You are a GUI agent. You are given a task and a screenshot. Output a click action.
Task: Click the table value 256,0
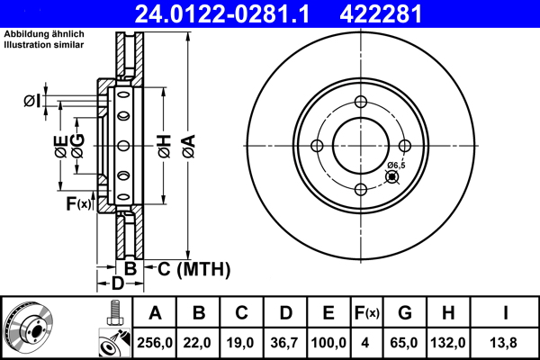coord(155,342)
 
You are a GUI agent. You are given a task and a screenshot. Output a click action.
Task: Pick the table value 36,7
coord(285,342)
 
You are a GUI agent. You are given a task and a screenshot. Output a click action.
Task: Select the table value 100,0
coord(328,342)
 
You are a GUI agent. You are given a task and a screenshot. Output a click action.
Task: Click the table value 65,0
coord(405,342)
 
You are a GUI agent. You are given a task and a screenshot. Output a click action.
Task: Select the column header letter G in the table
coord(405,313)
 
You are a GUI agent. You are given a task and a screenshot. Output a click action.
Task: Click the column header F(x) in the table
coord(367,313)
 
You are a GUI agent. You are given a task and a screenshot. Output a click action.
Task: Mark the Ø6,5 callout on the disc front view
coord(396,166)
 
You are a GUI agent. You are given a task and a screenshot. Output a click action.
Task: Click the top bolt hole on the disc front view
coord(361,102)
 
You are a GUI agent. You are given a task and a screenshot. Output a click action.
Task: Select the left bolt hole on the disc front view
coord(317,146)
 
